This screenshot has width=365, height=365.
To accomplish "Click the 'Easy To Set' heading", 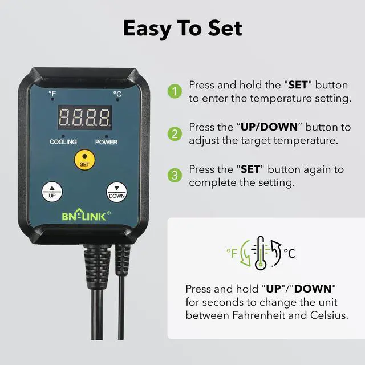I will (x=182, y=28).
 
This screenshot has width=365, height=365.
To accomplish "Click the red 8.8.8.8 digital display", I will (x=84, y=119).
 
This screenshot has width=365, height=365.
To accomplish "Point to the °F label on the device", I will (x=52, y=93).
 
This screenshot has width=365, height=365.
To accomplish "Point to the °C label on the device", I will (x=117, y=93).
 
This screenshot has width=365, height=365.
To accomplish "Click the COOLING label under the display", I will (x=63, y=141).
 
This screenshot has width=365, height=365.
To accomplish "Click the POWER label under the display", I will (x=106, y=141).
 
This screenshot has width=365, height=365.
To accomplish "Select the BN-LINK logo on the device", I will (x=83, y=217).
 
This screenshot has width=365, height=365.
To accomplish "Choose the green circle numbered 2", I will (x=173, y=134).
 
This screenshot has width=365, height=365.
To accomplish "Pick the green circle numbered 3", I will (x=173, y=175).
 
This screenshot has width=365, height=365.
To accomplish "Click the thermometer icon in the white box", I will (x=261, y=251).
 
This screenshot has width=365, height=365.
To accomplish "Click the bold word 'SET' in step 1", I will (x=298, y=85).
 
